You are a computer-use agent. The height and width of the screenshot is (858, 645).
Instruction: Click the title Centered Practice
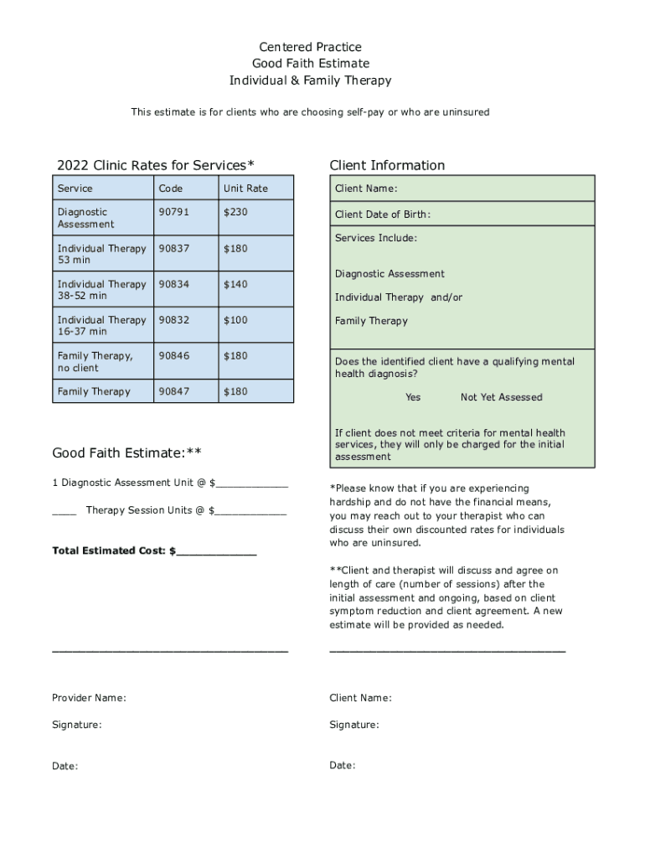[310, 47]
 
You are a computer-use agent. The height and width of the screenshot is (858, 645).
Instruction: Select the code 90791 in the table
[173, 212]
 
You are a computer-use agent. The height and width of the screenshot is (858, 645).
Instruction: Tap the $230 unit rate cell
[235, 212]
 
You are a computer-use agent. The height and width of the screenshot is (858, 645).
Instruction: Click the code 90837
[173, 248]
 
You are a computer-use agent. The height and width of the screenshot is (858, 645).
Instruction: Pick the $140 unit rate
[235, 284]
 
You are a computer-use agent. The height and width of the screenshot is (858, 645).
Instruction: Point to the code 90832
[173, 320]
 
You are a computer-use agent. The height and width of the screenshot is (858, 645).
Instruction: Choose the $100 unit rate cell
[235, 320]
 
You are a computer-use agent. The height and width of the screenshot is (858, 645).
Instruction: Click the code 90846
[173, 356]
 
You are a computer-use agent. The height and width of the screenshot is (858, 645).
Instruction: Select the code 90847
[173, 391]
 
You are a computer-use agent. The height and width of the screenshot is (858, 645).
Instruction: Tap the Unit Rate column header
[245, 189]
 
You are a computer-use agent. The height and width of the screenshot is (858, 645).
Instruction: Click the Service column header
[75, 189]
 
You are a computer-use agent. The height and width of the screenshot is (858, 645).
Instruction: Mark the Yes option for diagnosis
[413, 397]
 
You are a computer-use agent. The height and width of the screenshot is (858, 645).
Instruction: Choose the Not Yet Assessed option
[501, 397]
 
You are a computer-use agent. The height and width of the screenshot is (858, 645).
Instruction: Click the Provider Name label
[89, 698]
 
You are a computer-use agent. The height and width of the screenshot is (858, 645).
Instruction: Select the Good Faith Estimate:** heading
[126, 453]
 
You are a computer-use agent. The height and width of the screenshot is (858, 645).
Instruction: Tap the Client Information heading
[387, 165]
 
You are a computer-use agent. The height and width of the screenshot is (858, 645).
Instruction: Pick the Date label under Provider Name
[64, 766]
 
